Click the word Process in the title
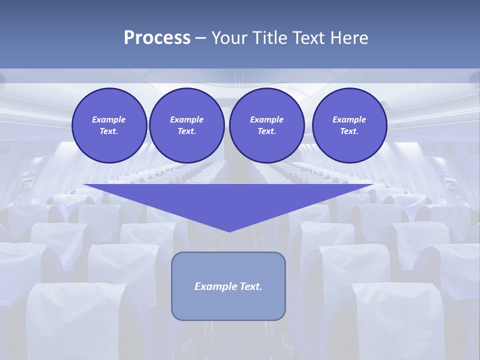(157, 38)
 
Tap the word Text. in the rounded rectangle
(251, 286)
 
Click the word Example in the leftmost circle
(109, 119)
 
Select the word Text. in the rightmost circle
(349, 131)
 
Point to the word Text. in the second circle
(186, 131)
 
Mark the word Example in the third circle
(266, 119)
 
